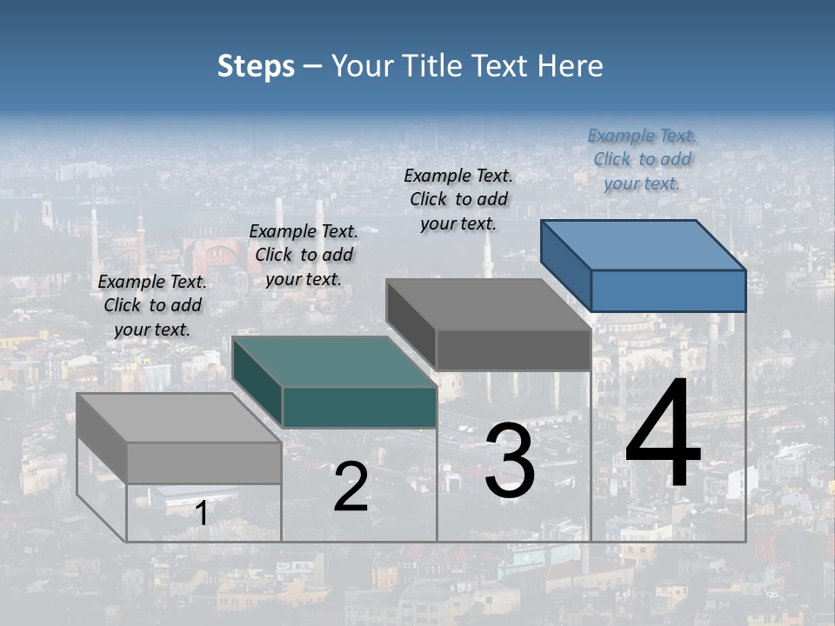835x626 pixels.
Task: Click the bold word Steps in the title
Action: [x=256, y=66]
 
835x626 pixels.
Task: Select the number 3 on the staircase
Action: [x=510, y=461]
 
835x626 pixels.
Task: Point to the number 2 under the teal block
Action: [x=351, y=487]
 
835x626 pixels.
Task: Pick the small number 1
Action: [x=201, y=514]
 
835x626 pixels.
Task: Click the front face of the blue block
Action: [x=668, y=290]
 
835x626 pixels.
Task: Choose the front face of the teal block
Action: [x=359, y=407]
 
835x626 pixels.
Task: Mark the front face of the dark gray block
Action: [x=513, y=350]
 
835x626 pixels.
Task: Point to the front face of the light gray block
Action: [x=204, y=463]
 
